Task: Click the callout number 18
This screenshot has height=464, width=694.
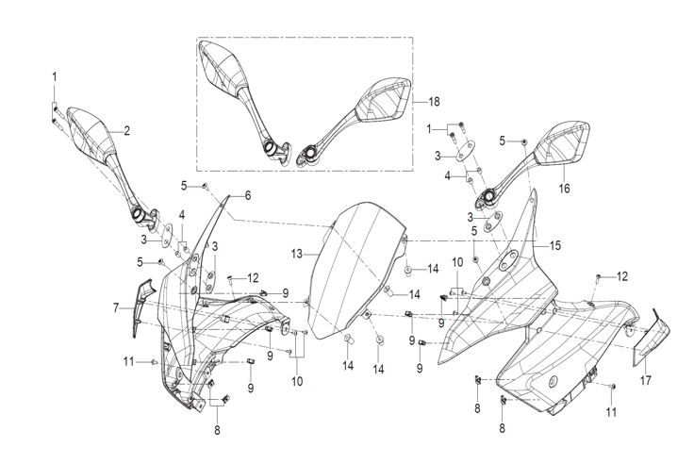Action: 434,101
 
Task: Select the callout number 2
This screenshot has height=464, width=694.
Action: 127,129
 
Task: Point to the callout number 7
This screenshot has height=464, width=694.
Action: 116,308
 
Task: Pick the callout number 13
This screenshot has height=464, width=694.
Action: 295,254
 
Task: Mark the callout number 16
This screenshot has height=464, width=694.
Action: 565,189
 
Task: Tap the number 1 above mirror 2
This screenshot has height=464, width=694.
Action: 55,75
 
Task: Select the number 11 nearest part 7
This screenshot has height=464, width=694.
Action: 128,361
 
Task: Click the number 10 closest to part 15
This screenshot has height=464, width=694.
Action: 457,261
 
